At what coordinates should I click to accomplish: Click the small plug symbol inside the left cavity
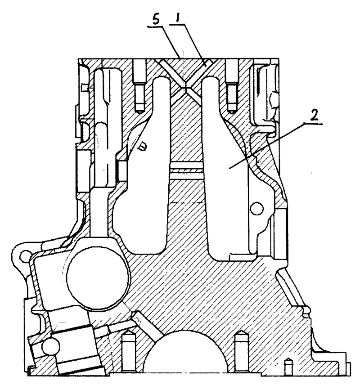click(x=142, y=145)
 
